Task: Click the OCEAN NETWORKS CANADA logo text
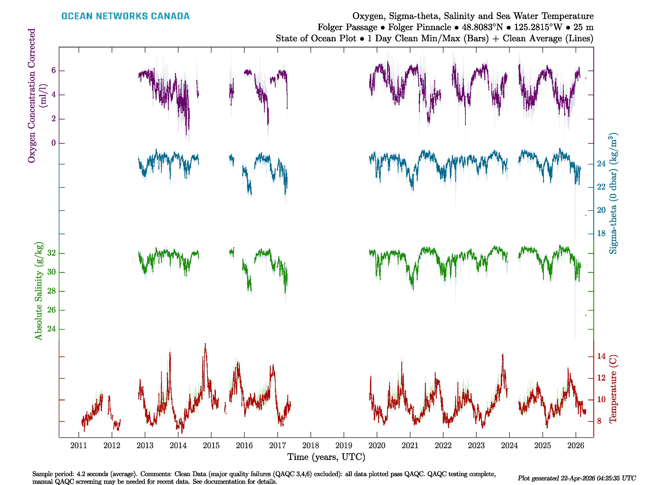click(125, 16)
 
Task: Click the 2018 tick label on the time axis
click(310, 446)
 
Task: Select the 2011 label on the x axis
click(79, 446)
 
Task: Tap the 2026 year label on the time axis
click(575, 446)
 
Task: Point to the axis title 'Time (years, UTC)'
click(326, 457)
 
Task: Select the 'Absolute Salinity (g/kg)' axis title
click(39, 291)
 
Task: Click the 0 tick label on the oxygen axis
click(53, 143)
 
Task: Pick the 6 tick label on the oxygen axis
click(53, 71)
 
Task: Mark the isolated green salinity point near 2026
click(586, 315)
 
